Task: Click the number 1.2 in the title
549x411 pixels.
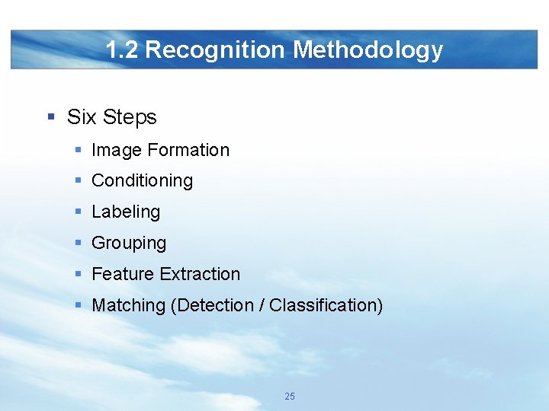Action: point(122,50)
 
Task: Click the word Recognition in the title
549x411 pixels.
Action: point(216,50)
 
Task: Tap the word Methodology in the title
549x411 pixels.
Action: point(368,50)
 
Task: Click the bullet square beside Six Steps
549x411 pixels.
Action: point(51,117)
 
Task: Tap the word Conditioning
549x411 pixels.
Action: point(142,181)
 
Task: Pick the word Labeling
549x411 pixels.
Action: point(126,212)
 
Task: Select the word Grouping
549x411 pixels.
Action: point(129,244)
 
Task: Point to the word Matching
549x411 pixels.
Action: point(128,306)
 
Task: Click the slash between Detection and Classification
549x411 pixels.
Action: point(262,306)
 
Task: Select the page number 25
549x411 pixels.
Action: point(290,397)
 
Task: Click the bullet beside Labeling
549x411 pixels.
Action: point(79,212)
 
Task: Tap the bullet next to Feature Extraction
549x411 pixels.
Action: point(79,274)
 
